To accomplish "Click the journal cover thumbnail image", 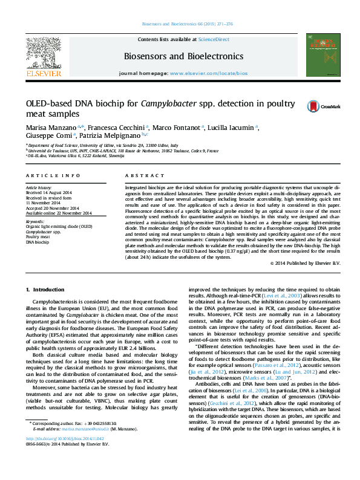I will (x=318, y=54).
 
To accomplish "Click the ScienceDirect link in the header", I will (x=214, y=39).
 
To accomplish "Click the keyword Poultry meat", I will (x=37, y=237).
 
